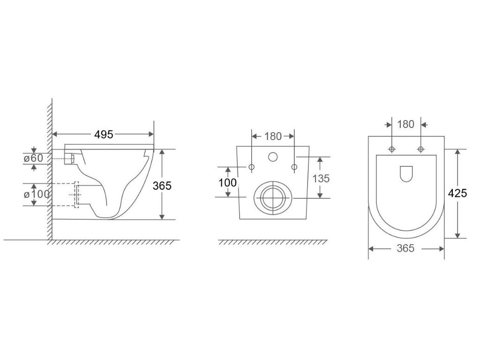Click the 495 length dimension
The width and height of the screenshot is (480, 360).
(x=104, y=135)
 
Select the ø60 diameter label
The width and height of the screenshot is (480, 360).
(x=34, y=158)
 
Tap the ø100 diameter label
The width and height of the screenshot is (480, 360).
(x=37, y=194)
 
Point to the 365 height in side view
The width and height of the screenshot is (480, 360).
(x=162, y=186)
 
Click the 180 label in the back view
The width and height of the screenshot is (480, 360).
(x=273, y=136)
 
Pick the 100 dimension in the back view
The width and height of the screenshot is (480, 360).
(x=227, y=183)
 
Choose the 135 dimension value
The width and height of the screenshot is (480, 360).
(x=321, y=178)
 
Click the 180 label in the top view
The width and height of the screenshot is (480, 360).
(x=405, y=124)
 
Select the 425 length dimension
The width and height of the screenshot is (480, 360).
(x=457, y=193)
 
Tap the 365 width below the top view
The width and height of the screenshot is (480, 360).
(x=405, y=248)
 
